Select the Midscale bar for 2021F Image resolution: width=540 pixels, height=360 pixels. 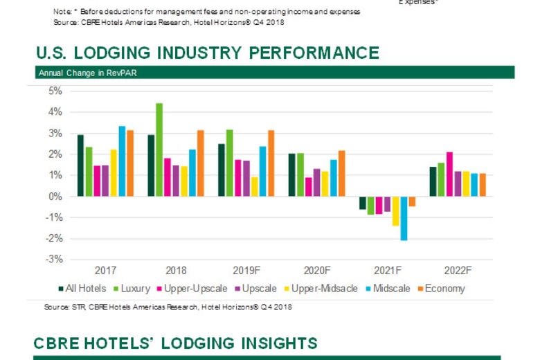click(404, 218)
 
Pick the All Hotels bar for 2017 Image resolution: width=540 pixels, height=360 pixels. click(80, 165)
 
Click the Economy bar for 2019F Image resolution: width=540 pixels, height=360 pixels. click(271, 163)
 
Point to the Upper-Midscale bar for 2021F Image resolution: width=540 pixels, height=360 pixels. click(395, 211)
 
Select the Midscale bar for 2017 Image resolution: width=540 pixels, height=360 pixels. click(122, 161)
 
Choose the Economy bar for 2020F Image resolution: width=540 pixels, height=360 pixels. click(341, 173)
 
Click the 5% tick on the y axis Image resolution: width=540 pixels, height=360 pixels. click(55, 91)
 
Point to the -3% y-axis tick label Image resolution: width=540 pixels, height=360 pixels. click(53, 260)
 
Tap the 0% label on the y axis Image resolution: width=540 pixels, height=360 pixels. click(55, 197)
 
